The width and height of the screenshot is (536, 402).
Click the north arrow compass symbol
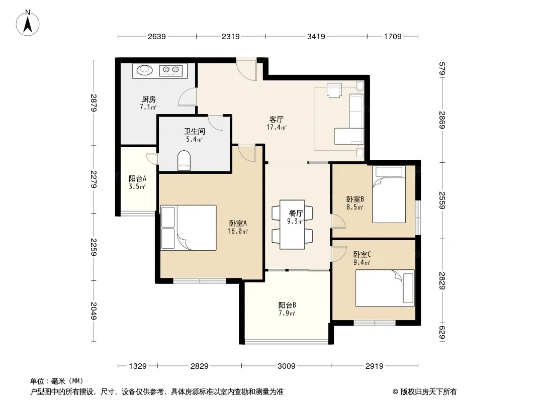tap(28, 23)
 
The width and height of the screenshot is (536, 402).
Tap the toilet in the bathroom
tap(184, 160)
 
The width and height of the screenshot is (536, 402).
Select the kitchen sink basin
tap(144, 70)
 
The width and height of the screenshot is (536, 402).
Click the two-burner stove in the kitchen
tap(170, 70)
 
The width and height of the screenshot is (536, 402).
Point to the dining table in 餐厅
tap(292, 225)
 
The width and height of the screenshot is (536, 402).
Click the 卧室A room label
tap(238, 224)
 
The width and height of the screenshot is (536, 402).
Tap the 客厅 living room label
tap(276, 119)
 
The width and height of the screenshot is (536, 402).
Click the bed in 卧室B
tap(389, 194)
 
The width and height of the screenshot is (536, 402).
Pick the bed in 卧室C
tap(385, 288)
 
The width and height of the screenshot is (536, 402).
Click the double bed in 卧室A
tap(189, 228)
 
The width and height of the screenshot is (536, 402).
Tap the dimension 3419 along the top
tap(316, 36)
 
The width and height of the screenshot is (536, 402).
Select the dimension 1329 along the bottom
tap(138, 366)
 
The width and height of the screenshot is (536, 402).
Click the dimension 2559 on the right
tap(442, 200)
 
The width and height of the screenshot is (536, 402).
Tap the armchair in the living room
tap(334, 90)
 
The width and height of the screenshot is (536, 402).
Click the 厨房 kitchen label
tap(149, 99)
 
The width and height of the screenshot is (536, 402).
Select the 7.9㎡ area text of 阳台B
tap(287, 313)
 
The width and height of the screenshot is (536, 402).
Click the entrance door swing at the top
tap(246, 70)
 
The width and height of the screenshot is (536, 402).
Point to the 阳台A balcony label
tap(137, 178)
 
